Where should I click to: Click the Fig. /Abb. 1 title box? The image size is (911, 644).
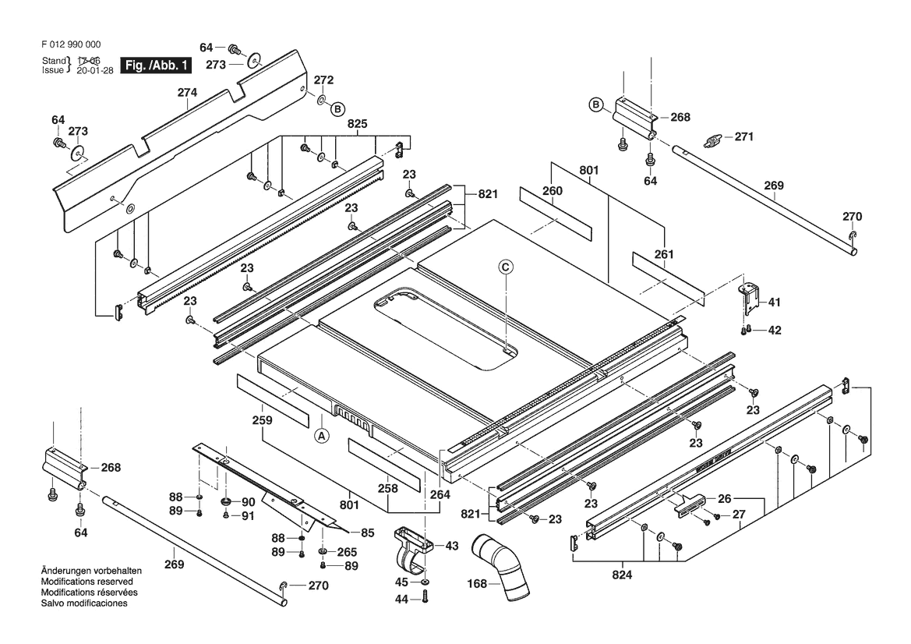pyautogui.click(x=155, y=65)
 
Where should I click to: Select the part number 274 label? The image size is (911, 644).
pyautogui.click(x=187, y=93)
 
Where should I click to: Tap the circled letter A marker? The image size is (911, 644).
pyautogui.click(x=322, y=435)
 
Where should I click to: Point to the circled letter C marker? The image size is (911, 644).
pyautogui.click(x=506, y=267)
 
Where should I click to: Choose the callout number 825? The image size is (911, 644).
pyautogui.click(x=358, y=124)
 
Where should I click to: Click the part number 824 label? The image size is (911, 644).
pyautogui.click(x=622, y=575)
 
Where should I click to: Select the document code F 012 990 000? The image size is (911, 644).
pyautogui.click(x=71, y=44)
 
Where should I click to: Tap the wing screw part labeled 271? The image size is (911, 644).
pyautogui.click(x=715, y=140)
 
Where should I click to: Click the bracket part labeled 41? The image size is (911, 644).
pyautogui.click(x=750, y=295)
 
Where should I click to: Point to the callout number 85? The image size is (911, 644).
pyautogui.click(x=367, y=533)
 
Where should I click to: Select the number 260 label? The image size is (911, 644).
pyautogui.click(x=553, y=191)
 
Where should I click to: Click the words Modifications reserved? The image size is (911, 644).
pyautogui.click(x=87, y=582)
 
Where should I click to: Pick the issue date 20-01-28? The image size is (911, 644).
pyautogui.click(x=95, y=71)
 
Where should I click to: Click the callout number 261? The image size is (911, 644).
pyautogui.click(x=664, y=254)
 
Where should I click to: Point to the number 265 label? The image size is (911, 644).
pyautogui.click(x=347, y=552)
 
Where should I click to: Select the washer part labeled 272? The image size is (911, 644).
pyautogui.click(x=321, y=101)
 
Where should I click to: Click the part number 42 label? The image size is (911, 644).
pyautogui.click(x=775, y=330)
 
